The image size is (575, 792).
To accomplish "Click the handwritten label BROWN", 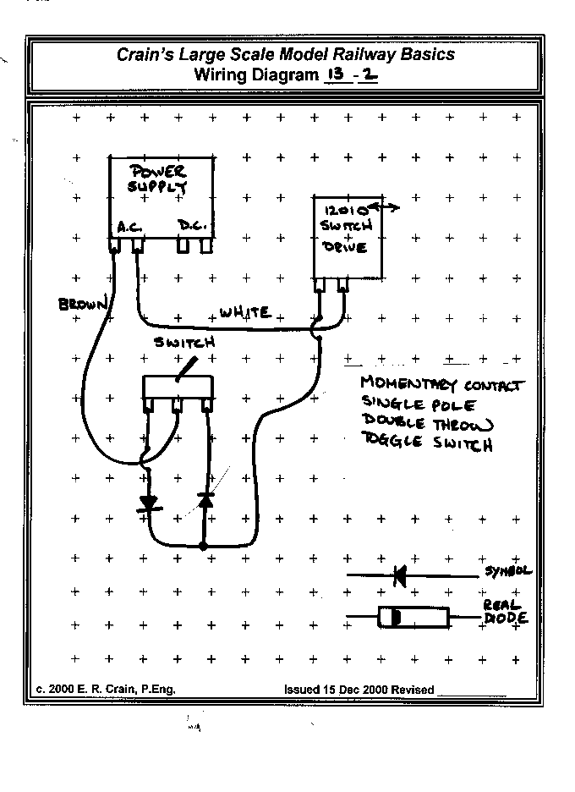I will (x=83, y=304).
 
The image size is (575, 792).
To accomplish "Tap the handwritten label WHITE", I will (x=244, y=312).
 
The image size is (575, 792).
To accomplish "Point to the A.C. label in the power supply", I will (x=129, y=226).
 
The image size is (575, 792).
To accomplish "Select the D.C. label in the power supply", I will (x=193, y=226).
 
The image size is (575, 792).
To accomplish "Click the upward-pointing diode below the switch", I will (x=205, y=501).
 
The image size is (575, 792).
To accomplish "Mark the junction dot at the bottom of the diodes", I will (x=203, y=547).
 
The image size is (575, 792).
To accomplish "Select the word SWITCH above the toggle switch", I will (x=184, y=343).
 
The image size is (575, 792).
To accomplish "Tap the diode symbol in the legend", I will (x=397, y=575).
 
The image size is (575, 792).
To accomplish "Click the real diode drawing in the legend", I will (x=413, y=618).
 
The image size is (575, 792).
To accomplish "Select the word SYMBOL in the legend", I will (x=507, y=571).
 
